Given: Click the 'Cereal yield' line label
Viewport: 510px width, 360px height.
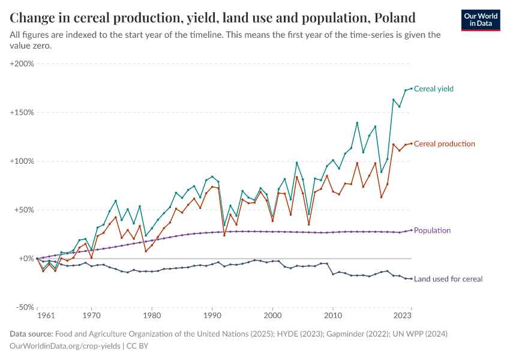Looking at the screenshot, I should pyautogui.click(x=434, y=89).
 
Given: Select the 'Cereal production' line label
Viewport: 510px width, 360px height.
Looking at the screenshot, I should pyautogui.click(x=444, y=144).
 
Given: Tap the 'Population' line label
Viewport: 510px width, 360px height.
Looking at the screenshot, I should pyautogui.click(x=432, y=230).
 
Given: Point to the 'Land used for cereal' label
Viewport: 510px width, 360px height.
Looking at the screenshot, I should pyautogui.click(x=448, y=279).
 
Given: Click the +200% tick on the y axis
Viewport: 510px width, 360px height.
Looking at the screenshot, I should pyautogui.click(x=22, y=64).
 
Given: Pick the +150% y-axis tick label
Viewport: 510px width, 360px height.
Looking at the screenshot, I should pyautogui.click(x=22, y=112).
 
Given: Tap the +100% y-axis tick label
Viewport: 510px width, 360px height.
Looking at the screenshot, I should pyautogui.click(x=22, y=161).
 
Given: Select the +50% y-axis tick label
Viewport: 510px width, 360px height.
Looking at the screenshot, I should pyautogui.click(x=23, y=210).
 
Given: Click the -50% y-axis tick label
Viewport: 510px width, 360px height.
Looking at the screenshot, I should pyautogui.click(x=23, y=307).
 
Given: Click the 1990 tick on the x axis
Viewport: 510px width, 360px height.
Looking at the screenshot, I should pyautogui.click(x=212, y=315).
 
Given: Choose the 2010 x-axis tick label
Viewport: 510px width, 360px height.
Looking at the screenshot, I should pyautogui.click(x=333, y=315).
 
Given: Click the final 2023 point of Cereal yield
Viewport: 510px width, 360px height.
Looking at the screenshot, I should pyautogui.click(x=412, y=88).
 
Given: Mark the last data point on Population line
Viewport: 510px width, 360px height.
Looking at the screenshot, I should pyautogui.click(x=412, y=230).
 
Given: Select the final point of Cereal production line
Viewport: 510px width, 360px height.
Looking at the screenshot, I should pyautogui.click(x=412, y=143).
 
